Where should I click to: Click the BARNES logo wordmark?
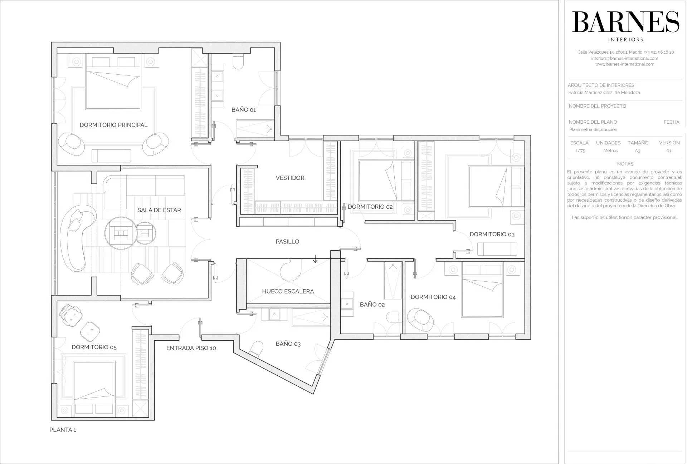(x=625, y=22)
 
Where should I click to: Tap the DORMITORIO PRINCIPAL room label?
(x=113, y=125)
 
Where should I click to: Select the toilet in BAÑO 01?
(x=238, y=61)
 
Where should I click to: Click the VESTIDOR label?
(x=290, y=178)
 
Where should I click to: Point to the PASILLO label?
(x=287, y=242)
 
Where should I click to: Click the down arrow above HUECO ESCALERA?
(x=315, y=259)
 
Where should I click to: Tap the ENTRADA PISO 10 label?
(x=191, y=348)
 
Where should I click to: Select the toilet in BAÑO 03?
(x=256, y=349)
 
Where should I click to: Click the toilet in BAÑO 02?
(x=394, y=317)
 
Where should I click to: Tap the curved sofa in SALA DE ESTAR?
(x=77, y=238)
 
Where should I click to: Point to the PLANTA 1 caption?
(x=63, y=430)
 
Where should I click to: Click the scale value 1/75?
(x=580, y=151)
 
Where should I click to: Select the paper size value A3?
(x=638, y=151)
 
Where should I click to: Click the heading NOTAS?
(x=625, y=164)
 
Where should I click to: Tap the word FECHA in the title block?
(x=671, y=122)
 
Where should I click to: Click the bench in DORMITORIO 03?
(x=497, y=249)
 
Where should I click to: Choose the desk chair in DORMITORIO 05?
(x=70, y=315)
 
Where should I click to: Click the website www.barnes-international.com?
(x=625, y=64)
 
